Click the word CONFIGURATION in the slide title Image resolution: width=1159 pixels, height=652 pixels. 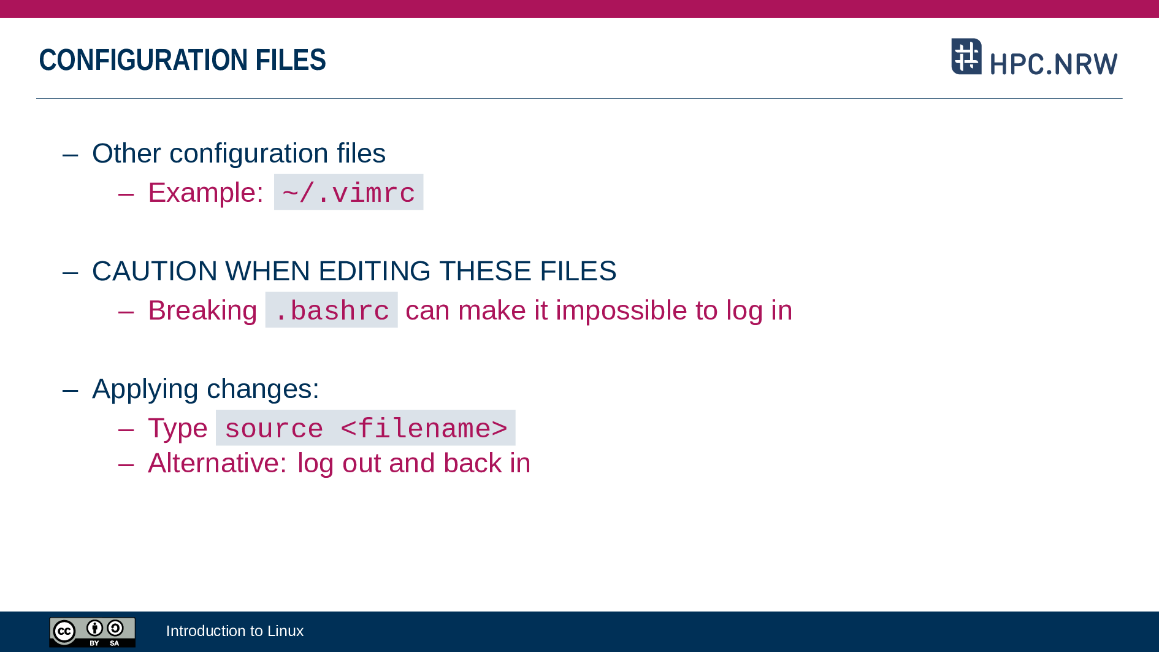[x=143, y=60]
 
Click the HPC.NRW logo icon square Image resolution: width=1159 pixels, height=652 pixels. [x=966, y=56]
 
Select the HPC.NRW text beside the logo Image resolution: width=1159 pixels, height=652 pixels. [x=1054, y=64]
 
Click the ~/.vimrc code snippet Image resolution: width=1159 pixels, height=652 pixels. [x=348, y=193]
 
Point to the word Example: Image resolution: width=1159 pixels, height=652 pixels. [x=206, y=193]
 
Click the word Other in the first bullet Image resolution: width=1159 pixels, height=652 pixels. [x=126, y=153]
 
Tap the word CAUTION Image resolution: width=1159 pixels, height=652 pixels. [x=155, y=271]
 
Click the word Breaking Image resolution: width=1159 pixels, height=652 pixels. [x=202, y=311]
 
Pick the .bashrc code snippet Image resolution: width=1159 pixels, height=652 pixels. [x=332, y=310]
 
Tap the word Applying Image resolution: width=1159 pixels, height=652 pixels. [x=145, y=389]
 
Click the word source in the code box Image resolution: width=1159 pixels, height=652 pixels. [x=274, y=429]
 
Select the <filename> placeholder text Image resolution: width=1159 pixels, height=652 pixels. [x=424, y=429]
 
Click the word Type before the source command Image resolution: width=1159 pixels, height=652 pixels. [x=178, y=429]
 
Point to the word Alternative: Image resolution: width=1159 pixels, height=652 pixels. [x=218, y=463]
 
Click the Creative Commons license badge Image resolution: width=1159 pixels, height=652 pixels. [x=93, y=632]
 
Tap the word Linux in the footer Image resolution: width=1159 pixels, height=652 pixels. [x=286, y=631]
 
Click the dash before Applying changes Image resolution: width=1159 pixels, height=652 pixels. [x=71, y=390]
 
